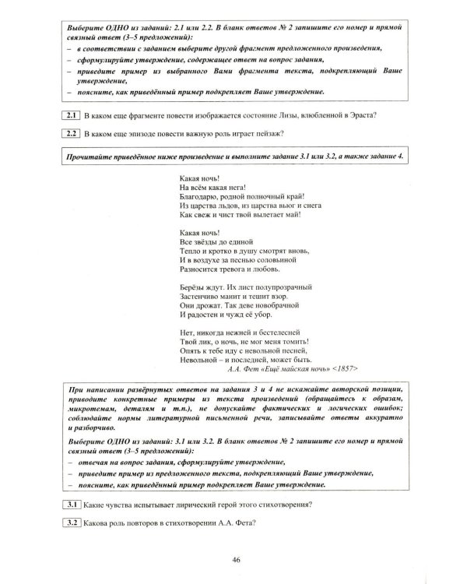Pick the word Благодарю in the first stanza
tap(198, 196)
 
